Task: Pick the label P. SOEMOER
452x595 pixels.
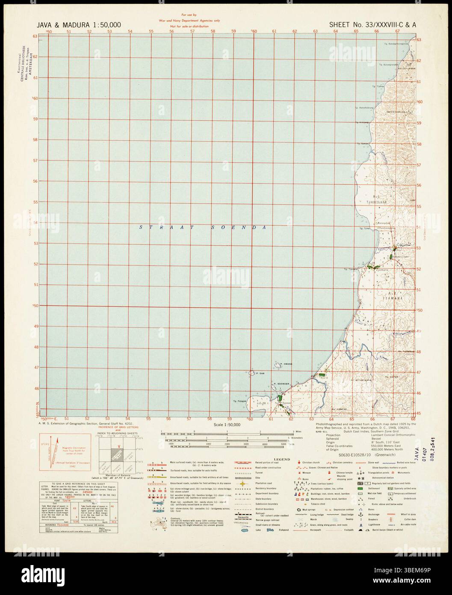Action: tap(282, 384)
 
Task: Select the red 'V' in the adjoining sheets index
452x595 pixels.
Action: tap(112, 445)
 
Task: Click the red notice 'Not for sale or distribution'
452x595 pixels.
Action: tap(189, 27)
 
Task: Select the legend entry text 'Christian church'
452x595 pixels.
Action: tap(313, 463)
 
